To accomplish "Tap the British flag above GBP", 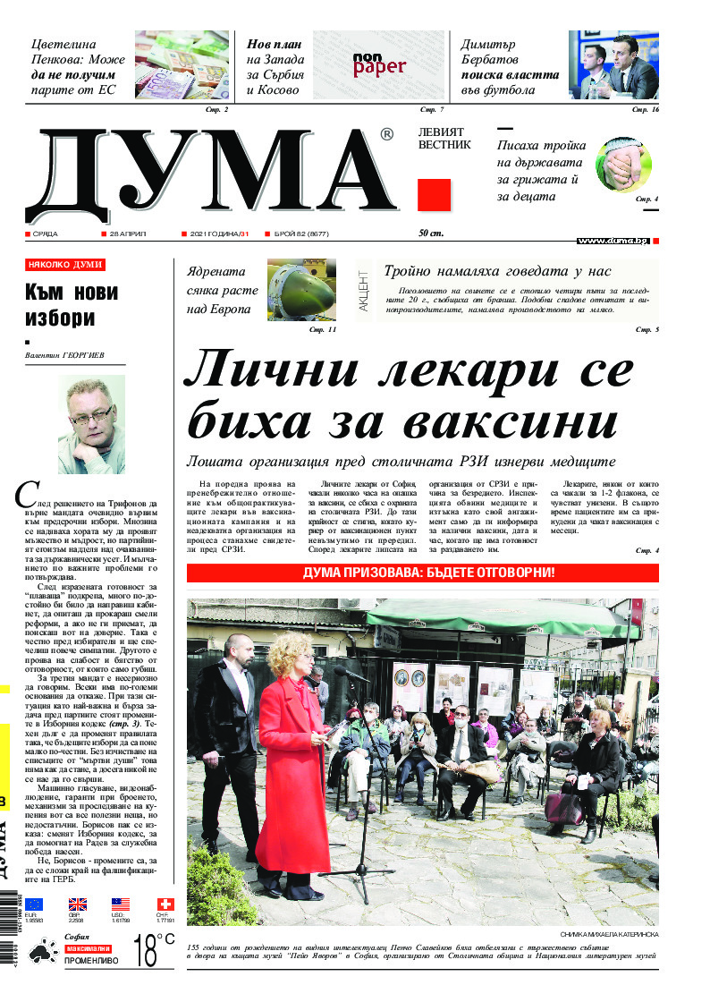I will click(x=78, y=904).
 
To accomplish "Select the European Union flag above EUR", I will click(x=34, y=904).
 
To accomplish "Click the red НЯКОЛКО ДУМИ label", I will click(x=65, y=265).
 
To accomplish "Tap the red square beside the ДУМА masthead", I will click(x=434, y=194).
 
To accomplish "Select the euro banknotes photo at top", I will click(x=182, y=64).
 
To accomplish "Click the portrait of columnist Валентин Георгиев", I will click(x=91, y=423).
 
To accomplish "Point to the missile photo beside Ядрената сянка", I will click(x=301, y=290).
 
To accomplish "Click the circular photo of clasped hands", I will click(x=623, y=165).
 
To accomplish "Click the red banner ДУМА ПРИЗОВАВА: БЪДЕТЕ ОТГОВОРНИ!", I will click(x=422, y=572).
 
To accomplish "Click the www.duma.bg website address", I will click(x=613, y=241).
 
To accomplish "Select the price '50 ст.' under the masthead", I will click(x=431, y=234).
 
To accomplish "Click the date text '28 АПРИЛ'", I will click(x=127, y=234).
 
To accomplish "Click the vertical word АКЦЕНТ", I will click(x=363, y=290).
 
